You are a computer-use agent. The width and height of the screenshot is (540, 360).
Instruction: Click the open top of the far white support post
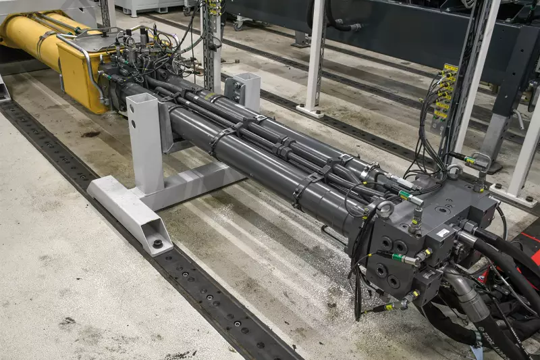(x=247, y=76)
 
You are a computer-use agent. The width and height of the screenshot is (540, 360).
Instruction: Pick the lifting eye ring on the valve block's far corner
(x=481, y=161)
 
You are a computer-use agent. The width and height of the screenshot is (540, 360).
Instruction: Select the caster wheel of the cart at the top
(x=238, y=25)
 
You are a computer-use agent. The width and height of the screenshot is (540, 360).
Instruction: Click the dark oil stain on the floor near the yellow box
(x=90, y=134)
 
